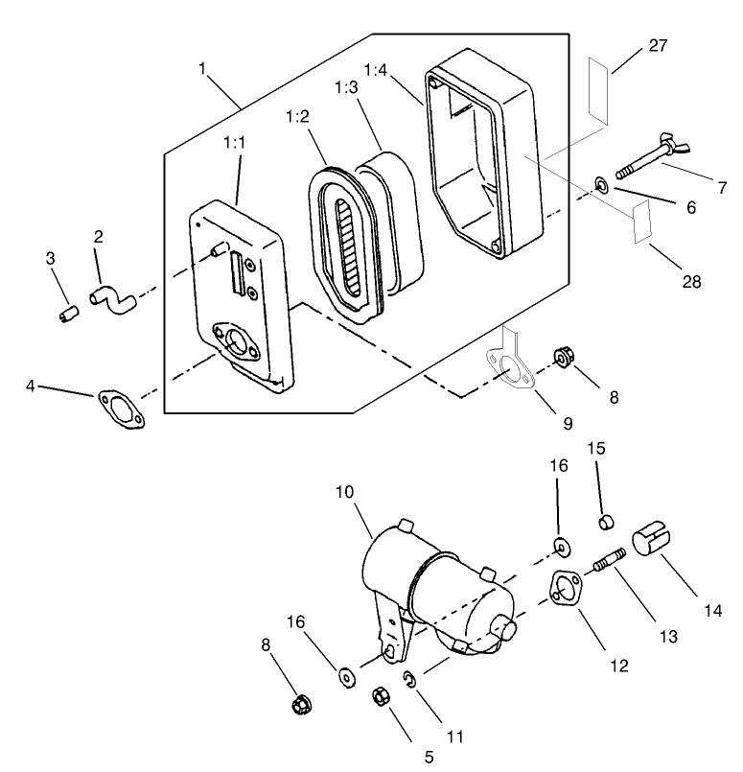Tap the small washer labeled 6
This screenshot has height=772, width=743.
click(x=602, y=182)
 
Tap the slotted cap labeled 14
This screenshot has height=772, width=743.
click(x=652, y=539)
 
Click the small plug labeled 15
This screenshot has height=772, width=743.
click(x=604, y=522)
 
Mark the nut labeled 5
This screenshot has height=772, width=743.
click(x=380, y=692)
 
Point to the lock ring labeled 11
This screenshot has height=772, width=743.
click(x=408, y=680)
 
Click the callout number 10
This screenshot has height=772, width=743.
click(x=345, y=493)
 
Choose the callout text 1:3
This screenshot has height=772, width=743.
click(x=347, y=87)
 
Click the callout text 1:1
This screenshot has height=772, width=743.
click(x=235, y=143)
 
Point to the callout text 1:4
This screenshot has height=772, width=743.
click(x=377, y=70)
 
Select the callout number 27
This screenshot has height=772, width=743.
click(x=658, y=46)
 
